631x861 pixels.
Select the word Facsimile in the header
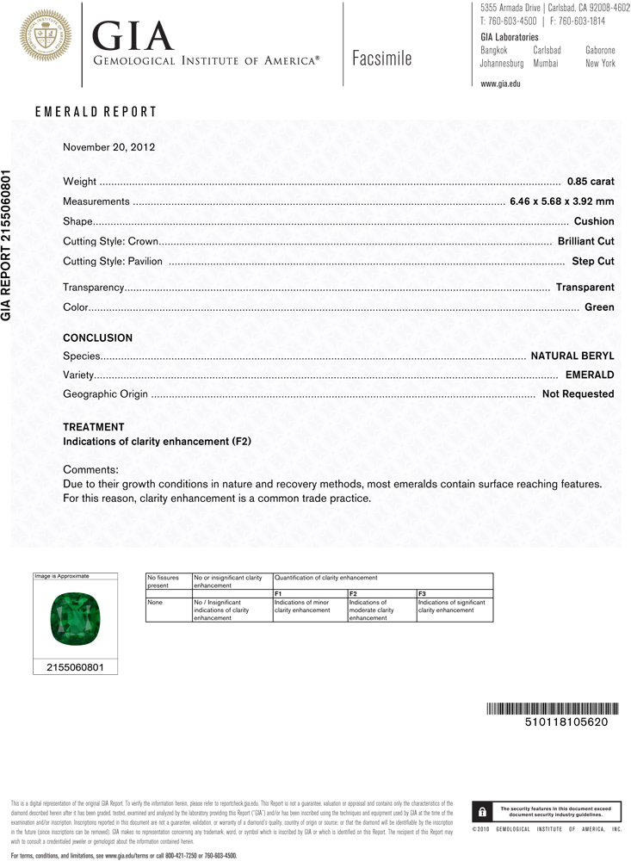381,59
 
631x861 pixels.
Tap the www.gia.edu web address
500,84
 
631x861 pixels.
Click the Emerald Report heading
96,112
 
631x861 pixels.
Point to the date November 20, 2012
108,147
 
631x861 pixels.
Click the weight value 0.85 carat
590,182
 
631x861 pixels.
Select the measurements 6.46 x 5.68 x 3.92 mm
561,201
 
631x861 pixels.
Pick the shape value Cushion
593,221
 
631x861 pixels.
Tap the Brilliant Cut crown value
585,241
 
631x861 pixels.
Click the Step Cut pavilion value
592,261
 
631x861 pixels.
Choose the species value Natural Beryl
572,355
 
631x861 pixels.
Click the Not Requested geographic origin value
578,393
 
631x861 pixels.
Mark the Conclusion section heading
98,338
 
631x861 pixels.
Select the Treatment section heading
94,427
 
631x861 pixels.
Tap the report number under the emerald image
74,666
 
